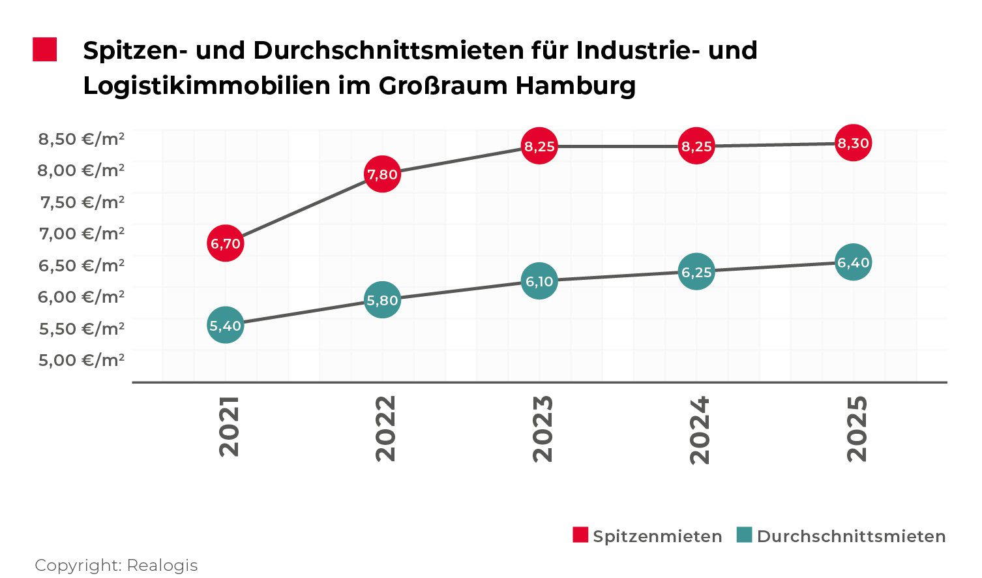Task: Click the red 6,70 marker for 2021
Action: [226, 243]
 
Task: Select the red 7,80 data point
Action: [382, 174]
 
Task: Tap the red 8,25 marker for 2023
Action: [539, 146]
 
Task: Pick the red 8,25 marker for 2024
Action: [696, 146]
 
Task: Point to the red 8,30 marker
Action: [853, 143]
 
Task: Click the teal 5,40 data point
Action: [226, 325]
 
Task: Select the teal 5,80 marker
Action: [382, 300]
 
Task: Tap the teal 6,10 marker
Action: [539, 281]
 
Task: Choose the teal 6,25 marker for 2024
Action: [696, 271]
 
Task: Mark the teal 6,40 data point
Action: [853, 262]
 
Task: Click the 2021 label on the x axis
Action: [229, 427]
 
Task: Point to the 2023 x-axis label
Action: [543, 428]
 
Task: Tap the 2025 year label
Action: [856, 428]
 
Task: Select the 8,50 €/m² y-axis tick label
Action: [82, 139]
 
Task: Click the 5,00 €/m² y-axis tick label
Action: [82, 360]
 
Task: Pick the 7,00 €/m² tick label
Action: [82, 234]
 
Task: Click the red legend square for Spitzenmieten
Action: [580, 535]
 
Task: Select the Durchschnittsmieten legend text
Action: [851, 536]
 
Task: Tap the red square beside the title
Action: [45, 50]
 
